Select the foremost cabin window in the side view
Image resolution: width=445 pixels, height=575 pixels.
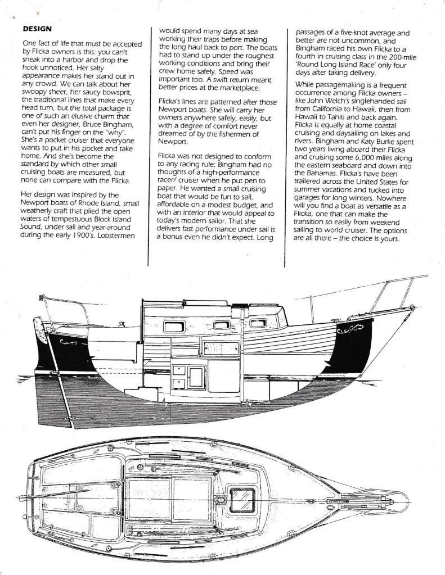tap(259, 323)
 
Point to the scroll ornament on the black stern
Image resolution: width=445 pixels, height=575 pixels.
tap(72, 339)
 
